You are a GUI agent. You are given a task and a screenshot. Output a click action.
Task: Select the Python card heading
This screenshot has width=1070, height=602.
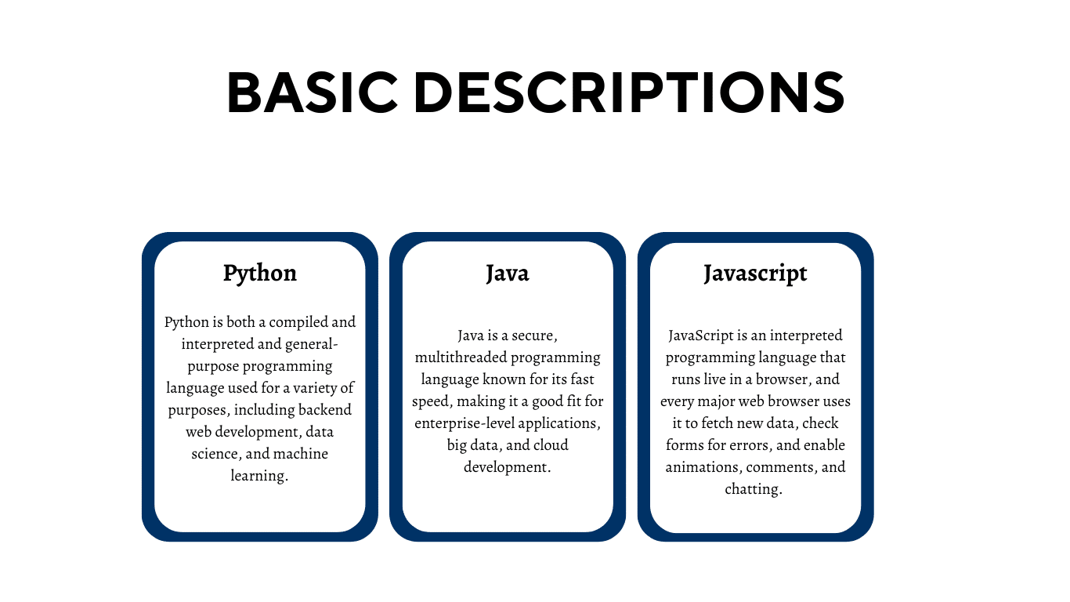tap(259, 273)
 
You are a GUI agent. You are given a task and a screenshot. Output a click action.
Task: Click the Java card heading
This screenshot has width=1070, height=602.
tap(507, 273)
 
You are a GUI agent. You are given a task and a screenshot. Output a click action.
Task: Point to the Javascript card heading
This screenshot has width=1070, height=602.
tap(755, 273)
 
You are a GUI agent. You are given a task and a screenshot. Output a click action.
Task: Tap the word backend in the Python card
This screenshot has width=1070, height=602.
tap(323, 410)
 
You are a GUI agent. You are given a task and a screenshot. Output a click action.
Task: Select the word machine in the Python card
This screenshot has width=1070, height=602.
tap(301, 454)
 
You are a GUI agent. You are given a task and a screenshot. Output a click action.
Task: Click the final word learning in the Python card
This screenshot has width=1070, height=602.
tap(259, 476)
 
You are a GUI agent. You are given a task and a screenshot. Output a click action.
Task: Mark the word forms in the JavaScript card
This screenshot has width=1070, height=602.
tap(685, 445)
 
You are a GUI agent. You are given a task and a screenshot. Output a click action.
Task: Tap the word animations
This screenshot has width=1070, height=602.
tap(702, 467)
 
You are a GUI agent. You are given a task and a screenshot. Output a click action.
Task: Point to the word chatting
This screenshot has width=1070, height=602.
tap(754, 489)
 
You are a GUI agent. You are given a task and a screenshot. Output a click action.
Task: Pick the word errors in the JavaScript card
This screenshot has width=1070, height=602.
tap(747, 445)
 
